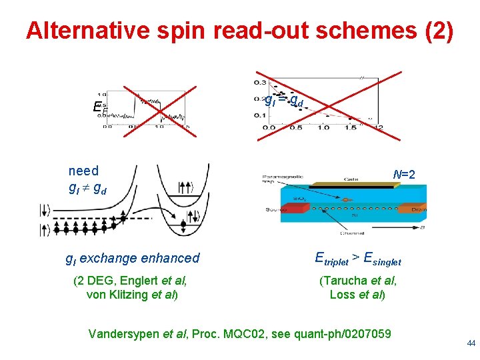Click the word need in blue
point(83,171)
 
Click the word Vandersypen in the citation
point(123,333)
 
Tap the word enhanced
point(167,258)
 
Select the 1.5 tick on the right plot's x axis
point(351,128)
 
